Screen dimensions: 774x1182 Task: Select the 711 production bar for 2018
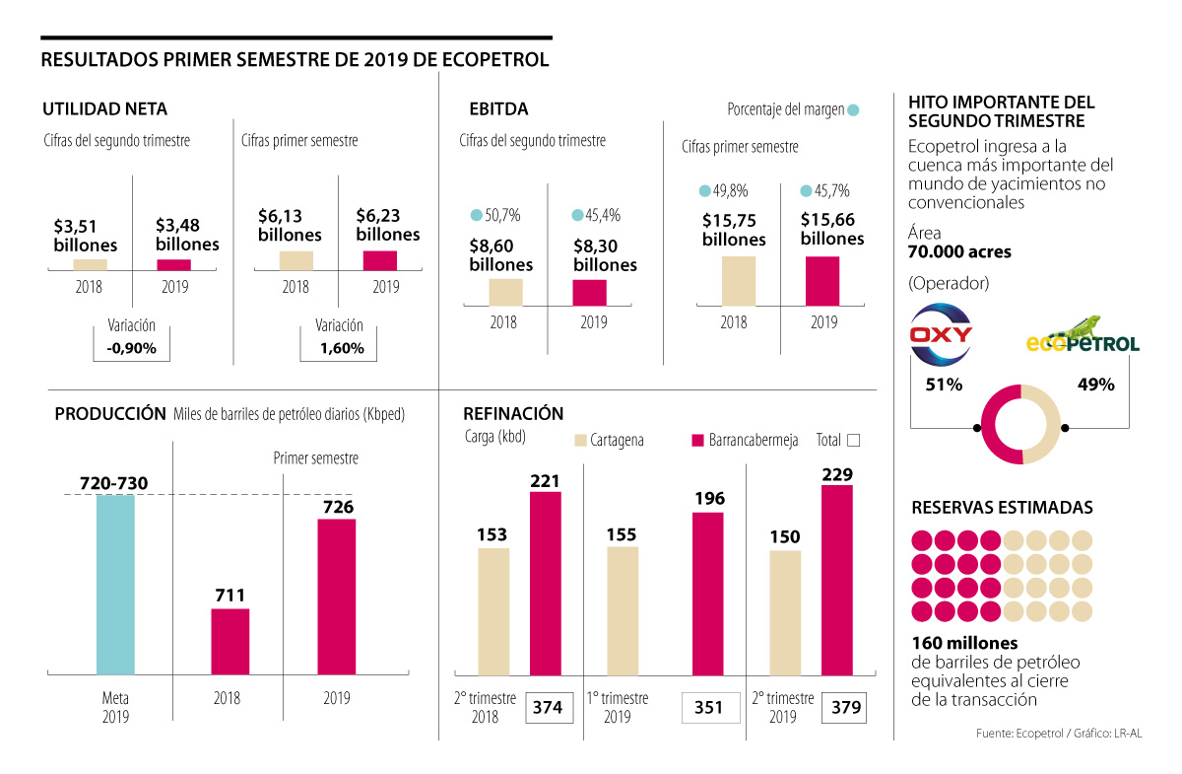click(x=230, y=641)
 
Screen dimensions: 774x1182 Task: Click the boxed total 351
click(x=708, y=707)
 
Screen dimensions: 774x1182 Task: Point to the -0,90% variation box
click(x=131, y=348)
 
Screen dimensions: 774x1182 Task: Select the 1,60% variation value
click(x=341, y=348)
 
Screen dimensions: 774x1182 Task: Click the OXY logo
click(x=942, y=333)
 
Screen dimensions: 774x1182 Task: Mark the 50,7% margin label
click(x=496, y=215)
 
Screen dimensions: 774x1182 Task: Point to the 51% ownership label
click(x=943, y=385)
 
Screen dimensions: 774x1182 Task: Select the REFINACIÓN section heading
click(x=511, y=414)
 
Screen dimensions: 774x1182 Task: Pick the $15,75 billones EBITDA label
click(x=734, y=230)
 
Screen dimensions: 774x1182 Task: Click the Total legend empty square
click(x=853, y=440)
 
